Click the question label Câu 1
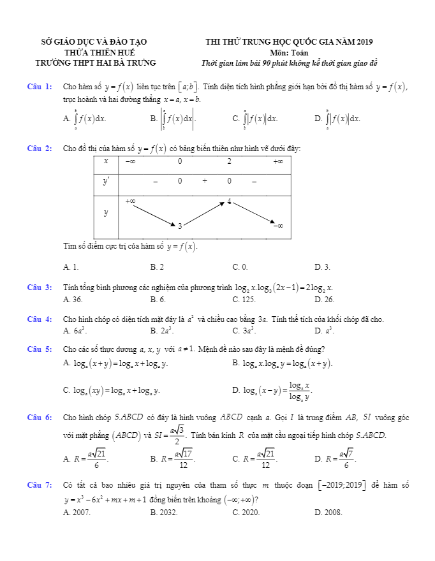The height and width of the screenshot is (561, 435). click(x=40, y=87)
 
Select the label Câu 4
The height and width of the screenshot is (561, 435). click(x=40, y=319)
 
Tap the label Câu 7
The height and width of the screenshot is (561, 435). click(x=40, y=486)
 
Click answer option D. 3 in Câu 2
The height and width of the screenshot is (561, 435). click(x=322, y=267)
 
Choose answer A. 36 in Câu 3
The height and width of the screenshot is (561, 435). click(x=73, y=299)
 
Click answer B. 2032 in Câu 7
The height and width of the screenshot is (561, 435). click(x=163, y=512)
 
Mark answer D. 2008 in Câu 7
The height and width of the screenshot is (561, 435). click(x=328, y=512)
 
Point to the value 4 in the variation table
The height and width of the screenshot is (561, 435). click(x=230, y=202)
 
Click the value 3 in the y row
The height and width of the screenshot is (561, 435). click(x=180, y=226)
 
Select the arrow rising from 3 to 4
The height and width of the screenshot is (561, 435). click(x=205, y=214)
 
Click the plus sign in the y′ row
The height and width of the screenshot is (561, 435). click(x=205, y=182)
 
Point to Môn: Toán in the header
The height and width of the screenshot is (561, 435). click(x=289, y=52)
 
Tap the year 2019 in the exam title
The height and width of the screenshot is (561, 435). click(x=362, y=42)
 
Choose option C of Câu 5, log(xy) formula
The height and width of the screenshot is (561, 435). click(x=112, y=390)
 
